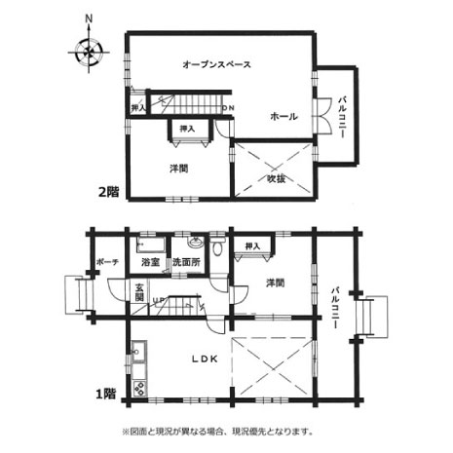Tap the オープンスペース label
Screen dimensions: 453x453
(216, 64)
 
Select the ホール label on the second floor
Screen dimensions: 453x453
(283, 116)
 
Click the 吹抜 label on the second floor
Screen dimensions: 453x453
(277, 178)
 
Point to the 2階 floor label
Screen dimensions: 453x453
(109, 192)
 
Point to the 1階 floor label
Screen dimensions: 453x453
(106, 394)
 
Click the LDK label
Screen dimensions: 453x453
(204, 359)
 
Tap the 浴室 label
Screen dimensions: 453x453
(150, 262)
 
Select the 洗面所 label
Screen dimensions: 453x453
(186, 262)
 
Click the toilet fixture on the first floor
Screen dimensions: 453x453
(217, 246)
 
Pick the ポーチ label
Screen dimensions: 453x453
(107, 262)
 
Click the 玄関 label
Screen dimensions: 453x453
(139, 291)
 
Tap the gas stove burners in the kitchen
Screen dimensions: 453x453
(139, 388)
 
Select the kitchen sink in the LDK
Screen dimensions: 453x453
(138, 351)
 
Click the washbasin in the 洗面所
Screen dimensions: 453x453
(195, 242)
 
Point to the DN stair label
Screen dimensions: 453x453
(228, 108)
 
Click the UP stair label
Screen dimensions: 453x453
(159, 299)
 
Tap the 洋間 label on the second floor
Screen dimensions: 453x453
(179, 169)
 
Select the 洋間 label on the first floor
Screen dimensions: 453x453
(276, 283)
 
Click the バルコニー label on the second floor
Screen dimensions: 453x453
(341, 117)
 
